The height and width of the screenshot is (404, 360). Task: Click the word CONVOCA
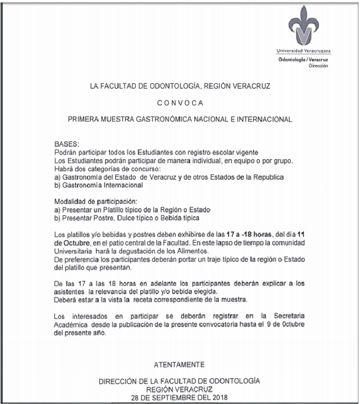click(180, 103)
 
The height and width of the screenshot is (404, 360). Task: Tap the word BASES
click(66, 144)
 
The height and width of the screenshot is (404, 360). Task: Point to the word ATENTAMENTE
click(179, 365)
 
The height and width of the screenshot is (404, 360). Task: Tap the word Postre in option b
click(108, 218)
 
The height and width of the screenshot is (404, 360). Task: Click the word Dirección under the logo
click(318, 66)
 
